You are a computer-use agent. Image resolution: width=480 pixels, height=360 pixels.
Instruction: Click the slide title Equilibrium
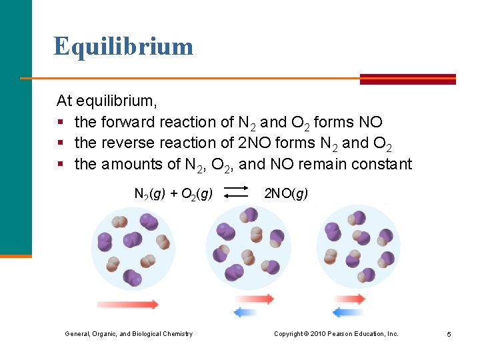pos(123,47)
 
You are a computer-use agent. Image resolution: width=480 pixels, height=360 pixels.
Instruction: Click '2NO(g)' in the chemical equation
pos(286,193)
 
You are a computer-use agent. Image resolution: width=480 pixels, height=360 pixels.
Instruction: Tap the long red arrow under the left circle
pos(128,305)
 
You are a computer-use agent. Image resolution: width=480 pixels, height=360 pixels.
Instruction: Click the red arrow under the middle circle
pos(254,299)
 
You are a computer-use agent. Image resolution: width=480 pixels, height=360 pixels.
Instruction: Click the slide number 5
pos(449,334)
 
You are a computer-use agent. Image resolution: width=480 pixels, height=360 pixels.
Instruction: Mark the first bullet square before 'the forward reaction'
pos(60,123)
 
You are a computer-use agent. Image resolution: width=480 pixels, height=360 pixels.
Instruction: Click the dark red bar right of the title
pos(407,79)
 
